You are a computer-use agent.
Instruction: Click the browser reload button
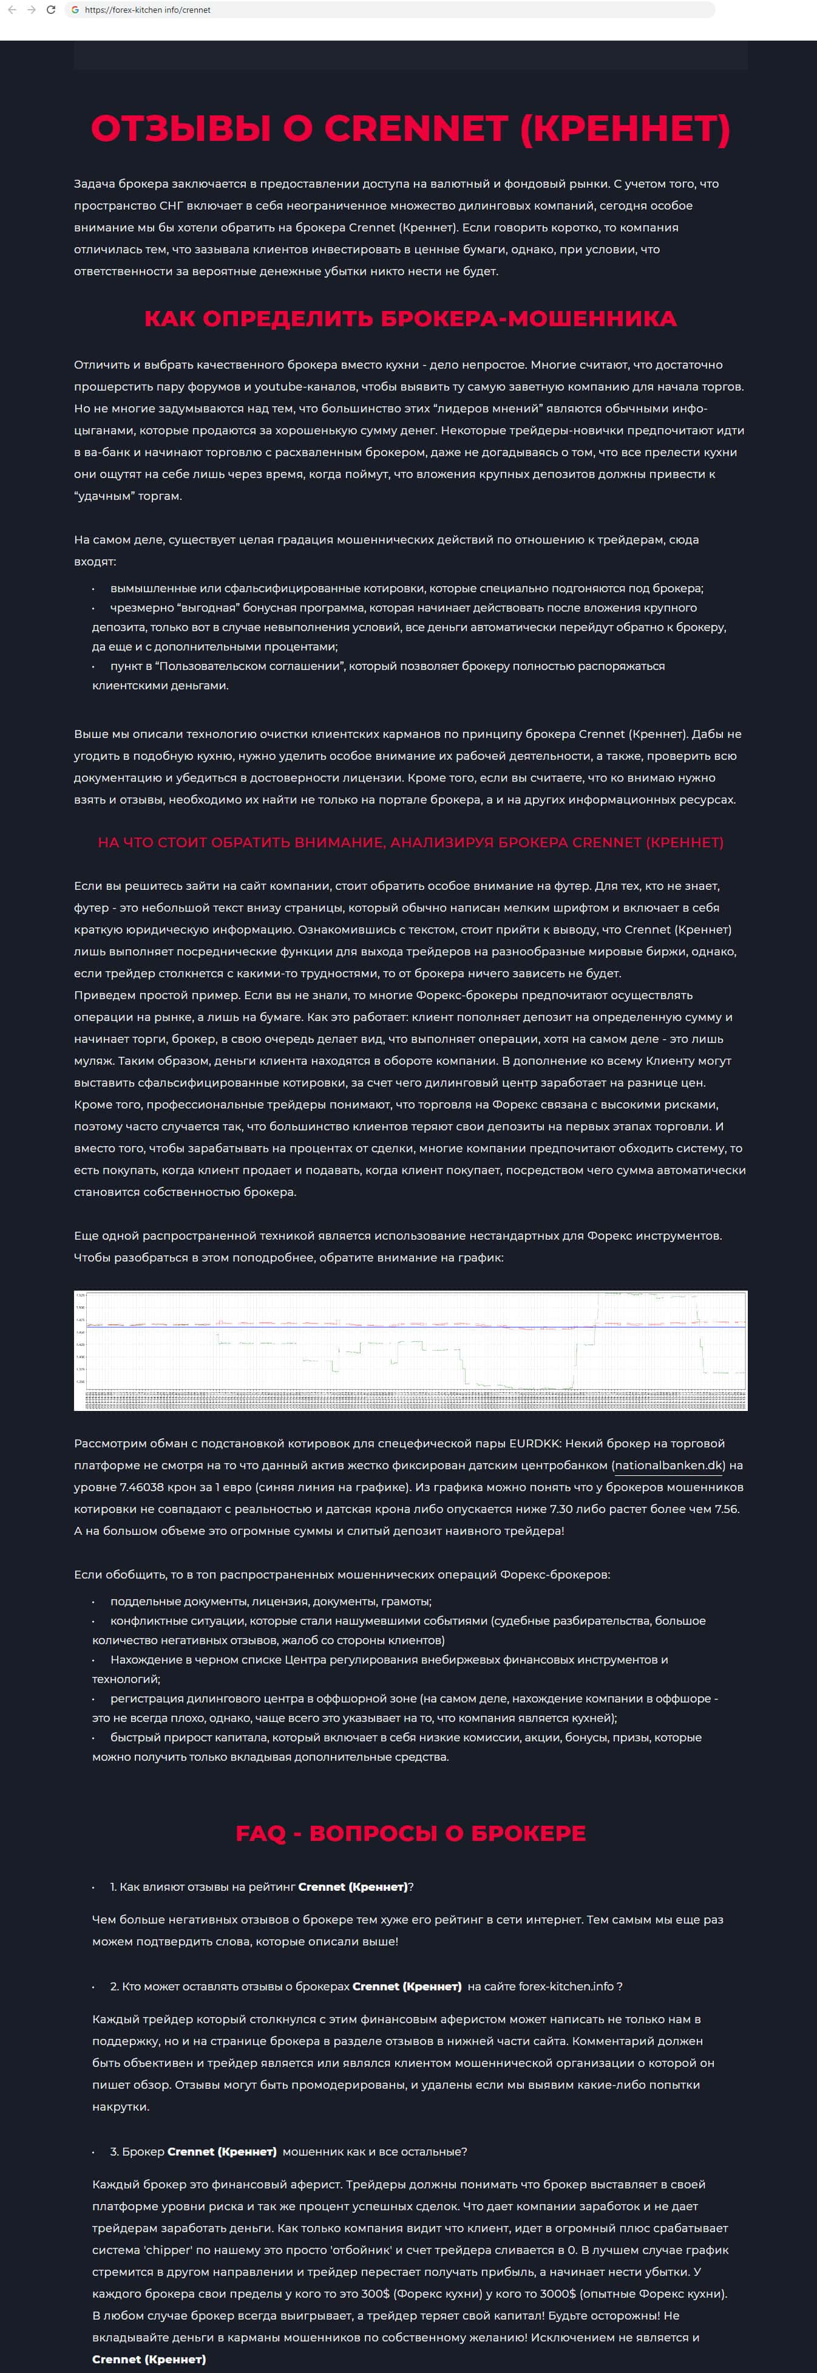click(x=50, y=10)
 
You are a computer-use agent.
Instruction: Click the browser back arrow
click(x=10, y=10)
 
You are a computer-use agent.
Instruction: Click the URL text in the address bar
click(x=147, y=10)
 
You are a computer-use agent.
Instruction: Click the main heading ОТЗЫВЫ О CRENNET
click(x=410, y=129)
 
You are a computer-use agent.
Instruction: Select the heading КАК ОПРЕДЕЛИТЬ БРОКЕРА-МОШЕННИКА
click(x=410, y=319)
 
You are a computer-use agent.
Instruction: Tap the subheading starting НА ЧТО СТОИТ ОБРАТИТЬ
click(x=410, y=842)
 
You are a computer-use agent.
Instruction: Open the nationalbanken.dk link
click(x=669, y=1465)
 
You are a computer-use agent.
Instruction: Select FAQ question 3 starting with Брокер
click(x=288, y=2152)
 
